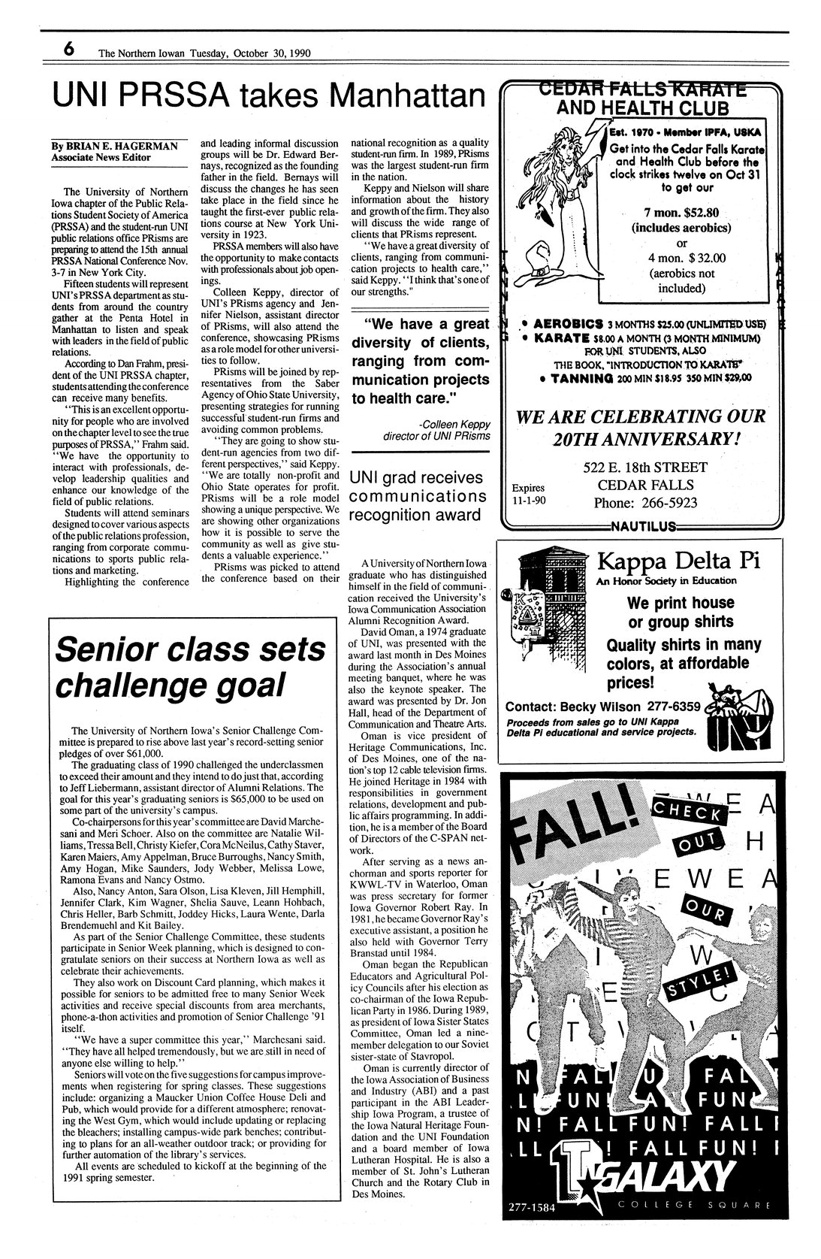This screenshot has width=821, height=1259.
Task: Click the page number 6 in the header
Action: (68, 50)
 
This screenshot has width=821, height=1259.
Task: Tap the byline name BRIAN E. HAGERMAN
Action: (125, 145)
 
